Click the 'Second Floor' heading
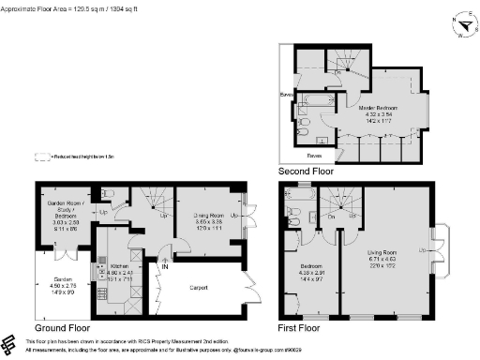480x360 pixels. (x=307, y=172)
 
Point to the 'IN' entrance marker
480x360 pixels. (x=165, y=266)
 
